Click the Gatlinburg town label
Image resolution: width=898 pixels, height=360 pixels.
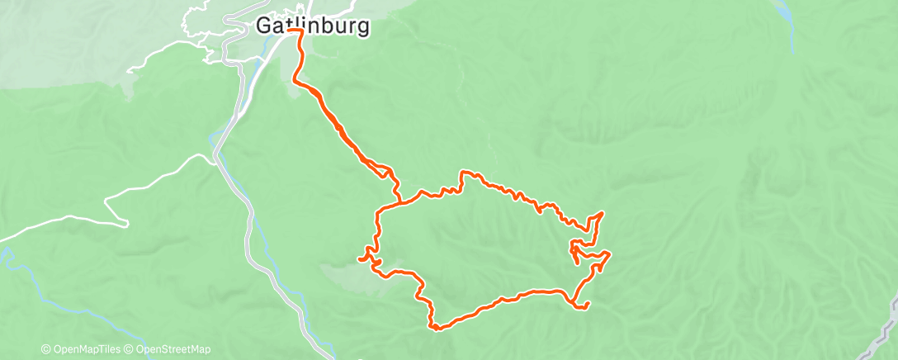[312, 26]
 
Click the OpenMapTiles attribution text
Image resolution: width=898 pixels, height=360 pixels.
[82, 349]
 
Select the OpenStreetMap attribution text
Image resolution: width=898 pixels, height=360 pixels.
[169, 349]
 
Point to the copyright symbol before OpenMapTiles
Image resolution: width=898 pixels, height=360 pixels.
[45, 349]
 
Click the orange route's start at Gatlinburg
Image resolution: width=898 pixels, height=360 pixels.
[293, 31]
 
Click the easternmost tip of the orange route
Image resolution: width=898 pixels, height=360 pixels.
[609, 253]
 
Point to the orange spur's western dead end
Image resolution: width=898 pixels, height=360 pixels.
[359, 259]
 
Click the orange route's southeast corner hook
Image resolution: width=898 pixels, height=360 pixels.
[585, 307]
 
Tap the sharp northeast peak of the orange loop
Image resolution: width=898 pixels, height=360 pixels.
[603, 213]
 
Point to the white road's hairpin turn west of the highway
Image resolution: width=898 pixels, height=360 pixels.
[126, 223]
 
